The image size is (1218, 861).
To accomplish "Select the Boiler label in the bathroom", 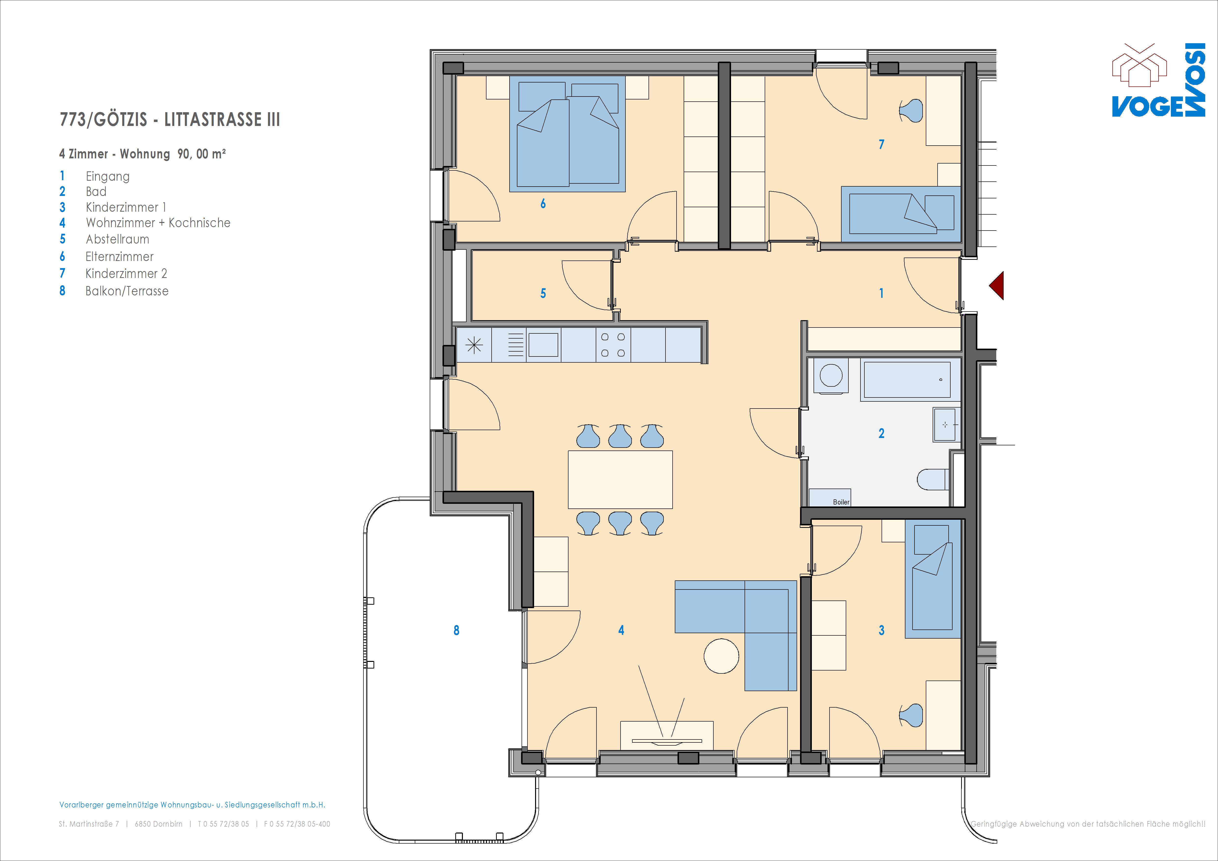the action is [x=841, y=502].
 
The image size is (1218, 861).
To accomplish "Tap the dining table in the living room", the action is [x=620, y=479].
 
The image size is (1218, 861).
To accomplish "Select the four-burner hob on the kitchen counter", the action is [x=613, y=345].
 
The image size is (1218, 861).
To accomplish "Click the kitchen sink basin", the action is [x=543, y=345].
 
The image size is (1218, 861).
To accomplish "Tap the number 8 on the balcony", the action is [x=456, y=630].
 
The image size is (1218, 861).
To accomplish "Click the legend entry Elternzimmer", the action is [x=119, y=257].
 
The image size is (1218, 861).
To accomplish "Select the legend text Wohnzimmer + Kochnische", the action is [x=158, y=223].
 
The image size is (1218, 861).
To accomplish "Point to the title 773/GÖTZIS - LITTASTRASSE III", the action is [x=170, y=119].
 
